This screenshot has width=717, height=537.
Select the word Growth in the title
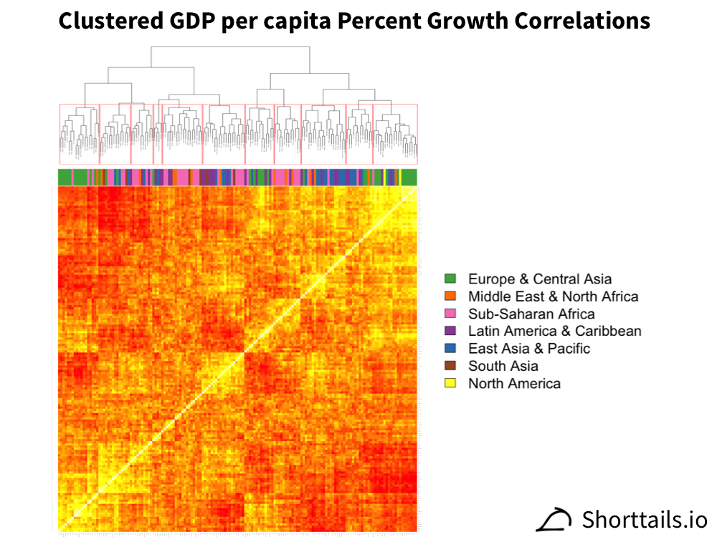coord(454,21)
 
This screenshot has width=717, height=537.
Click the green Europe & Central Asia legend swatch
coord(450,279)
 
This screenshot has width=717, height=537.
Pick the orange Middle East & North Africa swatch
coord(450,296)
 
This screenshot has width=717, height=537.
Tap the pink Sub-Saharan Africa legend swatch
coord(450,314)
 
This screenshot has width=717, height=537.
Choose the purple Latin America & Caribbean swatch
coord(450,331)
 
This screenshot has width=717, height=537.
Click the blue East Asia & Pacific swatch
coord(450,348)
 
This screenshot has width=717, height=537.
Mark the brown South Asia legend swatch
coord(450,366)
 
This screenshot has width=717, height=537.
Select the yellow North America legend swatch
coord(450,383)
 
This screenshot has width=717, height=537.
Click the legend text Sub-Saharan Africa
coord(531,314)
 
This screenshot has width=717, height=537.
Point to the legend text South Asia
coord(503,366)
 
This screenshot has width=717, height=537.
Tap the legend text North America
coord(514,383)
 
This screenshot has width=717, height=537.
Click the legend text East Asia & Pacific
coord(529,348)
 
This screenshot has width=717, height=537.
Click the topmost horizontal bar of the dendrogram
coord(229,47)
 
